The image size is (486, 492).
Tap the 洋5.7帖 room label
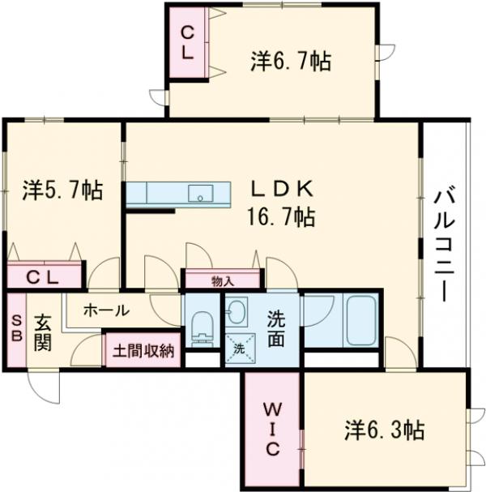click(x=62, y=191)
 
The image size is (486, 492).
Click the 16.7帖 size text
click(x=281, y=216)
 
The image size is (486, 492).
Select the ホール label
click(x=105, y=310)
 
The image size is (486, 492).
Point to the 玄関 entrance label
click(x=43, y=332)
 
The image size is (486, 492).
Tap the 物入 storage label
click(x=223, y=281)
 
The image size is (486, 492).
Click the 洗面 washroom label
click(x=276, y=329)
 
